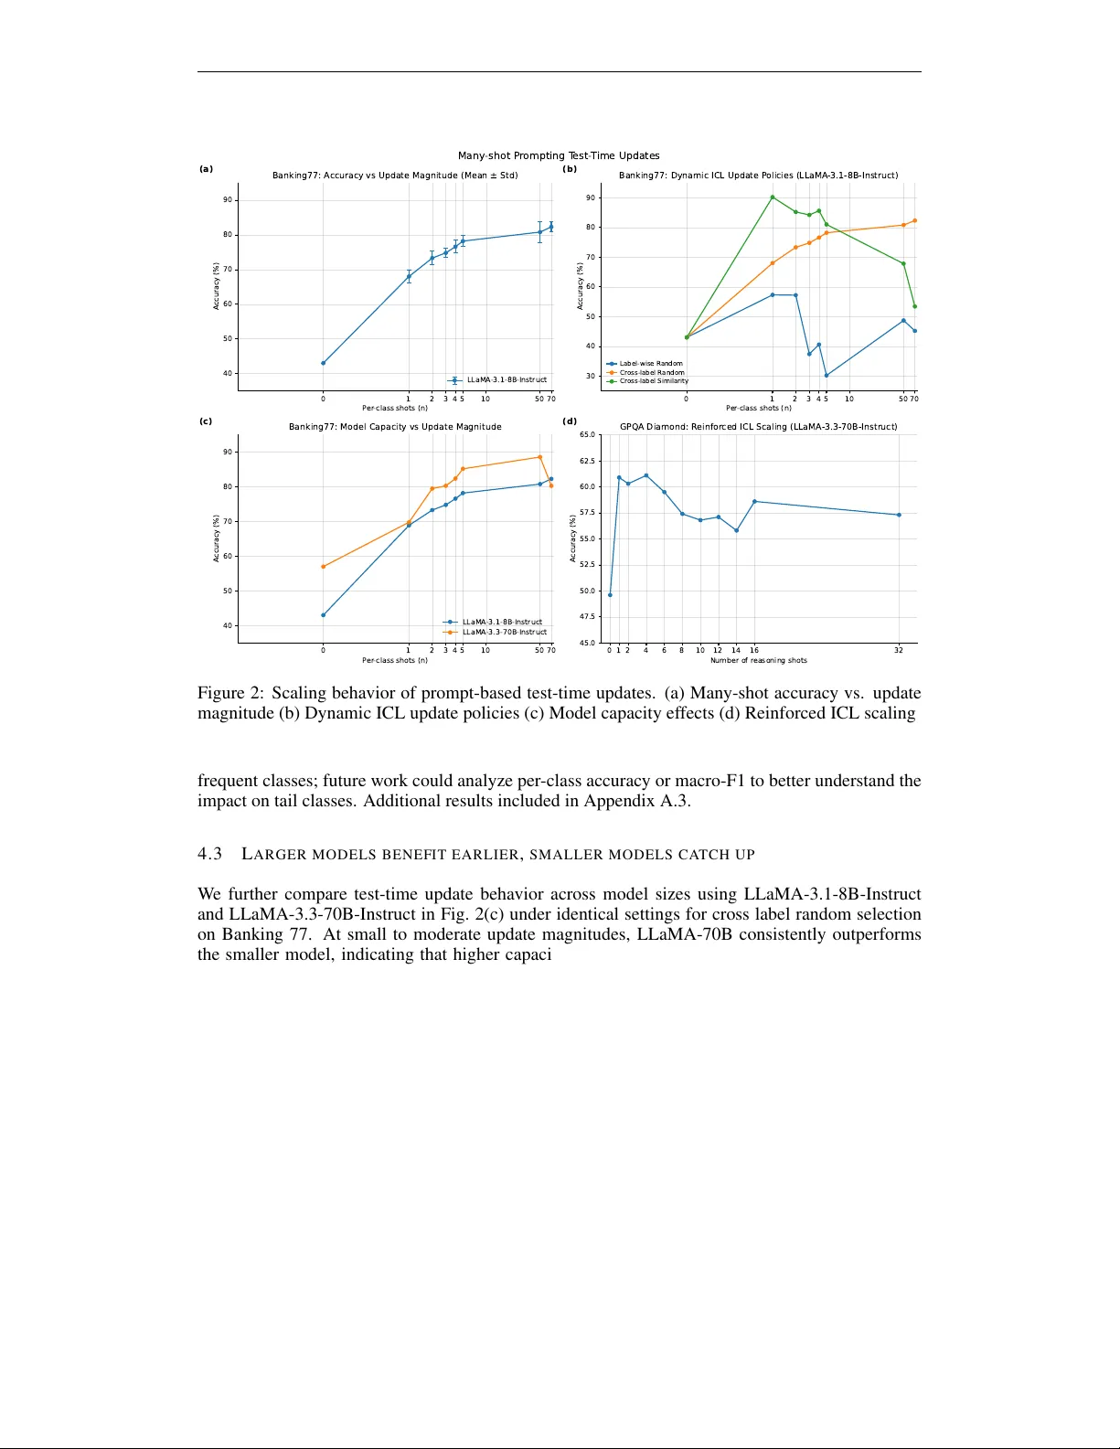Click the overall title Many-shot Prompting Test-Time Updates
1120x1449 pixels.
tap(559, 155)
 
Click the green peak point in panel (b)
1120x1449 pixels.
tap(773, 197)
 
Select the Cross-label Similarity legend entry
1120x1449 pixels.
tap(653, 381)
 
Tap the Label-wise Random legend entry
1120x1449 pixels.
tap(650, 364)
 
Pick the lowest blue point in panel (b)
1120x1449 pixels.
tap(827, 375)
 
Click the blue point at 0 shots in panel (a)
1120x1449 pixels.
tap(323, 363)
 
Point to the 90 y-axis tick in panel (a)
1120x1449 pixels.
tap(228, 200)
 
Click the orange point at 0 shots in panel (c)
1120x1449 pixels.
tap(323, 567)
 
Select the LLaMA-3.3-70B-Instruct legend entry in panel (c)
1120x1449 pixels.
tap(504, 632)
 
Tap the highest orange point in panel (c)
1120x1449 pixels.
tap(539, 457)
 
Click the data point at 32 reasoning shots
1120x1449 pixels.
tap(899, 515)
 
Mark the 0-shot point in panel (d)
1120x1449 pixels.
tap(610, 595)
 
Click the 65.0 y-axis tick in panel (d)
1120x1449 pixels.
tap(587, 435)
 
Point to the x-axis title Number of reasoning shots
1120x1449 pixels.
tap(758, 660)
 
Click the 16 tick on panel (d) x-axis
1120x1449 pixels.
tap(754, 650)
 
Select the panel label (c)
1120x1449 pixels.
tap(206, 421)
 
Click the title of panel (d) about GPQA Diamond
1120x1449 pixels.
tap(758, 427)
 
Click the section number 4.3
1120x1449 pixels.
tap(209, 854)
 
